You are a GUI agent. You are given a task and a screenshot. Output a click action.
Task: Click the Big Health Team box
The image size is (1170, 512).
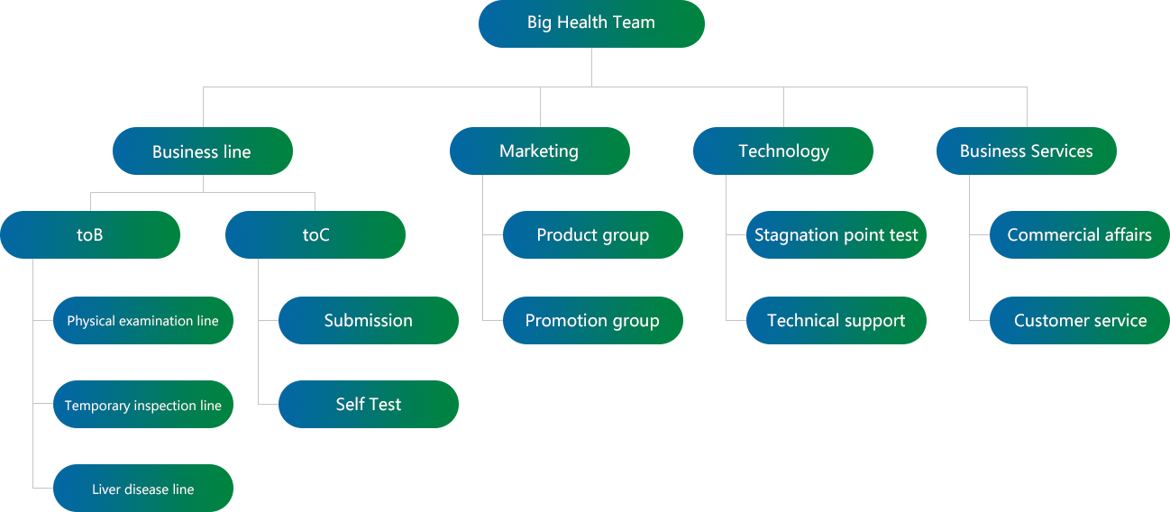point(591,23)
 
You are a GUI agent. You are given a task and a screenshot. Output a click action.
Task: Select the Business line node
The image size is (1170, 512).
point(202,151)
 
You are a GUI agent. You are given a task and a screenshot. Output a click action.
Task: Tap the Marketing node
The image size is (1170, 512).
point(539,151)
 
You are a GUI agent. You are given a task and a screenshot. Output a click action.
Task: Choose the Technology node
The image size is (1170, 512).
point(783,151)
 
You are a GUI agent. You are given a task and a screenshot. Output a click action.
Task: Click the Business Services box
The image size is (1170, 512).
point(1027,151)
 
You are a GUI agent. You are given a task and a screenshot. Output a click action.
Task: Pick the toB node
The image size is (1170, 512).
point(90,235)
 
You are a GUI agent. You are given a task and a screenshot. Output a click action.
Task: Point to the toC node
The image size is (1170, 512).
point(315,235)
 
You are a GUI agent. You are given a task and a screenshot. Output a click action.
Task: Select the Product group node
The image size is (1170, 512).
point(592,235)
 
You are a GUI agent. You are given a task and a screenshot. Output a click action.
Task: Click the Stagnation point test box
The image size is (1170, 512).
point(836,235)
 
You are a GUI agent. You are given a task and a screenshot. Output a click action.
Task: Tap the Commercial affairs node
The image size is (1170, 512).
point(1079,235)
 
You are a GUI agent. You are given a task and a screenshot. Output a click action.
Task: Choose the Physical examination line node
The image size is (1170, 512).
point(142,321)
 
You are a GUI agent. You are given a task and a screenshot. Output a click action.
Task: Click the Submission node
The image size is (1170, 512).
point(368,321)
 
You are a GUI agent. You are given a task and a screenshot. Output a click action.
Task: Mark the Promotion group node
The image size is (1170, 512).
point(592,321)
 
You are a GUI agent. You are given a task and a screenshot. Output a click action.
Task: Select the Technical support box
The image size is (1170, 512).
point(836,321)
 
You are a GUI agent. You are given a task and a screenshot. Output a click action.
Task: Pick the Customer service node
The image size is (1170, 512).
point(1080,321)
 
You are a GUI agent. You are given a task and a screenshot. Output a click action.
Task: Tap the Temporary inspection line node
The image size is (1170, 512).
point(142,406)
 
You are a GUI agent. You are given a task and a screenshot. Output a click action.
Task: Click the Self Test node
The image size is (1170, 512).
point(368,405)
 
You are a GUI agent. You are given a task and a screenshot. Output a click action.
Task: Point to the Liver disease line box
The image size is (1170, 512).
point(142,489)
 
